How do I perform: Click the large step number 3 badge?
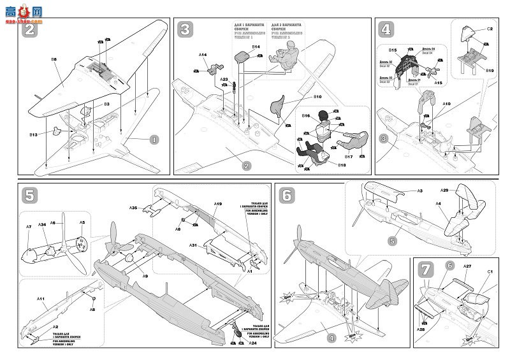(186, 29)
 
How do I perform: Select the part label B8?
(54, 59)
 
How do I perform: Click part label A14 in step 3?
(202, 55)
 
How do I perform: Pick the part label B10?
(316, 96)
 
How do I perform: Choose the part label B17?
(349, 155)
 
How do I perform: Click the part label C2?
(491, 29)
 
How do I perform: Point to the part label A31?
(193, 246)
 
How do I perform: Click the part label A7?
(29, 227)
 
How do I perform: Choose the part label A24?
(252, 343)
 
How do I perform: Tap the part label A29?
(444, 191)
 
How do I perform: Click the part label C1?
(490, 273)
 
